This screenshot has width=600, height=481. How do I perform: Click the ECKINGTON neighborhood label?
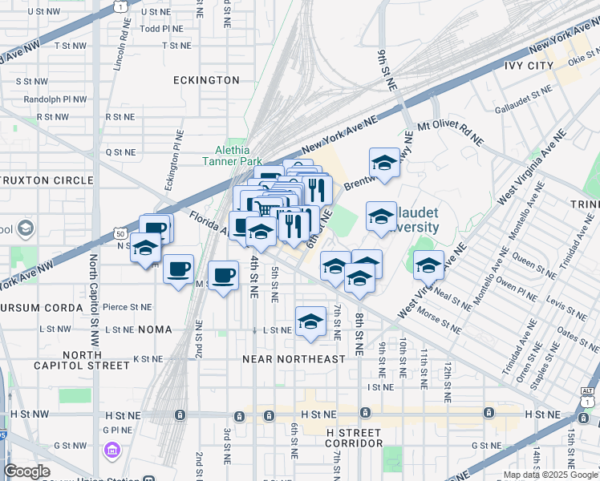click(x=206, y=80)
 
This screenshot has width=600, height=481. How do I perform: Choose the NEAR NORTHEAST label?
click(x=294, y=359)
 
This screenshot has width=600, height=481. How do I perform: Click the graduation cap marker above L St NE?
click(x=310, y=321)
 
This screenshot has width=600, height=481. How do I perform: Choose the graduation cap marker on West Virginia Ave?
click(x=428, y=265)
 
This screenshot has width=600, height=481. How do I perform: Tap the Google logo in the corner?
click(x=26, y=471)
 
